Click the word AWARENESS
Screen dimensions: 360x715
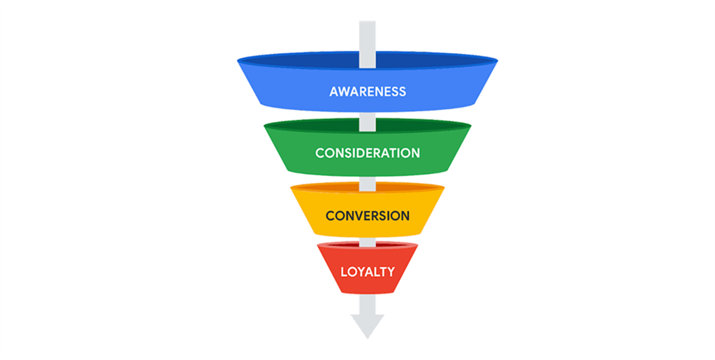click(x=367, y=92)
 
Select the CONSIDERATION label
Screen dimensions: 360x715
click(x=367, y=152)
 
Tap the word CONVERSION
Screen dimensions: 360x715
click(x=367, y=215)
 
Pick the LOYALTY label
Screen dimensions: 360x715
click(x=367, y=271)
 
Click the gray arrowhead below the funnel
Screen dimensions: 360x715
click(x=367, y=326)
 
